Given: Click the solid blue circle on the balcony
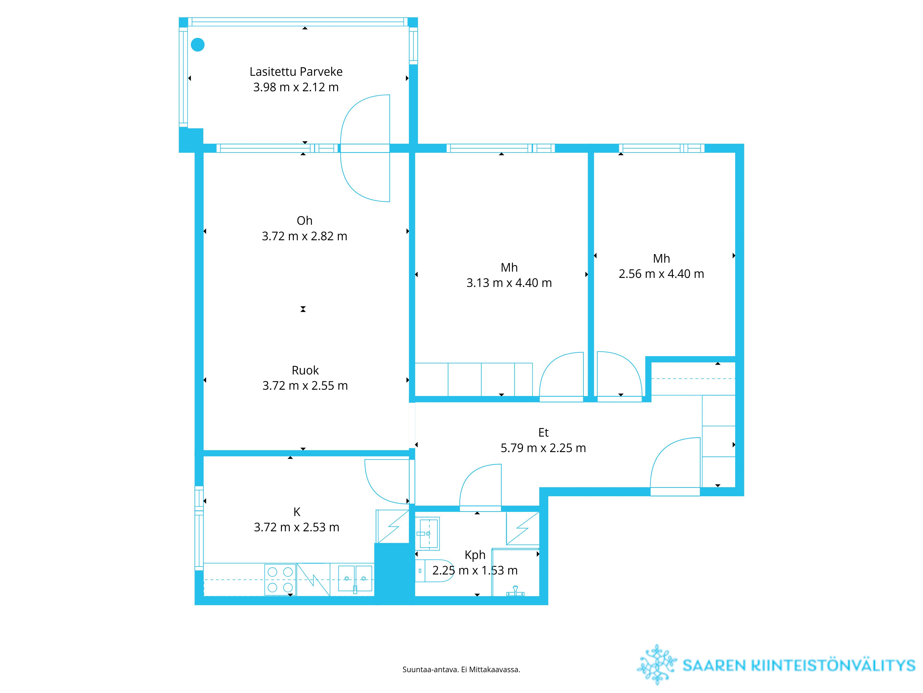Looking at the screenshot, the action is pos(198,45).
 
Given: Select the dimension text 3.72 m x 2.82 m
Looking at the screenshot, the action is pos(305,237).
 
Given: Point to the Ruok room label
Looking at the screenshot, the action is pos(305,371).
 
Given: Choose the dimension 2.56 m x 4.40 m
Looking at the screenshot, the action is pos(661,274).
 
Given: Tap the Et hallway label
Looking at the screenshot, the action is pos(543,433).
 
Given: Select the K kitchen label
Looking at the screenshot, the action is pos(297,512).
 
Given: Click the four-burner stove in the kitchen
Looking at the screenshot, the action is pos(280,580).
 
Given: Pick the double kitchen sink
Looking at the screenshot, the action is pos(355,579).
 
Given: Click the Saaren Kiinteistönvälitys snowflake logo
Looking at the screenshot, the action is pos(657,665).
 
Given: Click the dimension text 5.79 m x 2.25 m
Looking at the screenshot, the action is pos(543,448).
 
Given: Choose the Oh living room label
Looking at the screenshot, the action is pos(305,221).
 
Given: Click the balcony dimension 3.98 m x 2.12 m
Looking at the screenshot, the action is pos(296,87).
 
